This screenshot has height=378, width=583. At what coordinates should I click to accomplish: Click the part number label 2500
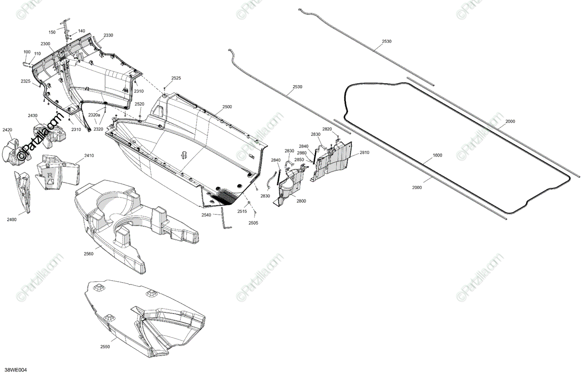coord(227,107)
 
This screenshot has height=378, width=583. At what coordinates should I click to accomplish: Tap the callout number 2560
coord(88,253)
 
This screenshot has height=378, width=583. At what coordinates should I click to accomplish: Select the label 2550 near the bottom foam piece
coord(105,347)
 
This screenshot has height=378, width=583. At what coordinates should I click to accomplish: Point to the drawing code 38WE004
coord(16,370)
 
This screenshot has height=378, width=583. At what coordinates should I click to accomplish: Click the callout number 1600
coord(437,156)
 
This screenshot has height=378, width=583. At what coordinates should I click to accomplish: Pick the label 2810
coord(364,152)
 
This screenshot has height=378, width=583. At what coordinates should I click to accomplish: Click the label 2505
coord(254,223)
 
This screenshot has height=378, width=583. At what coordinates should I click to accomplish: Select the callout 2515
coord(242,212)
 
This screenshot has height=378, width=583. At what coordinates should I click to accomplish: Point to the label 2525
coord(176,78)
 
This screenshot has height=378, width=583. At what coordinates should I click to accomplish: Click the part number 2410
coord(89,156)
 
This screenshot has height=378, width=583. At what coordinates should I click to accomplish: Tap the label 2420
coord(7,130)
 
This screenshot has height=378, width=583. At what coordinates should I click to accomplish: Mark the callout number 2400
coord(12,219)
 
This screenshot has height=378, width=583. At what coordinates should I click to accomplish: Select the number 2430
coord(33,115)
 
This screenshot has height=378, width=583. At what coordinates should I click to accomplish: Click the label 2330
coord(108,36)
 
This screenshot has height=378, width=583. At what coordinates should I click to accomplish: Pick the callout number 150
coord(52,32)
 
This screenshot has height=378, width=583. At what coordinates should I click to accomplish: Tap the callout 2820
coord(327,129)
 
